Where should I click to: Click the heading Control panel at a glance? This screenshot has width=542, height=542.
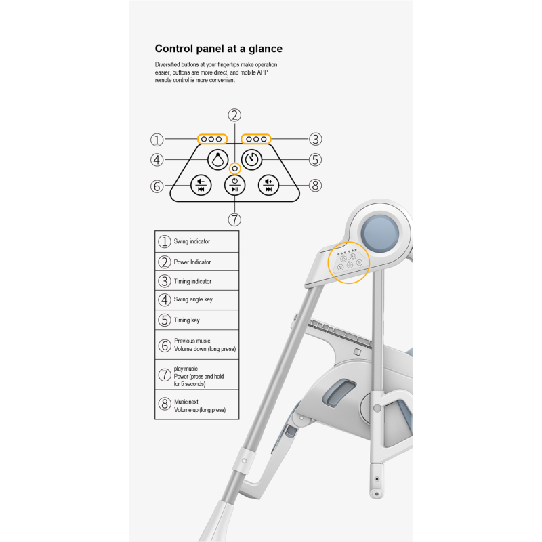[x=219, y=49]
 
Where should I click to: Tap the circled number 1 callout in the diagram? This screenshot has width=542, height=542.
[x=157, y=140]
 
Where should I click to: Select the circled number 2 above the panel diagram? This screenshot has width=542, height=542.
[x=234, y=115]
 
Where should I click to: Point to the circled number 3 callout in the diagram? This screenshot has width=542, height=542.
[x=315, y=139]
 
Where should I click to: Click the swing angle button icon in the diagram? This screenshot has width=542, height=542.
[x=217, y=160]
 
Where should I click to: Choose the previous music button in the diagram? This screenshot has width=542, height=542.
[x=201, y=185]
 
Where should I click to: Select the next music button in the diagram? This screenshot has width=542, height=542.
[x=268, y=185]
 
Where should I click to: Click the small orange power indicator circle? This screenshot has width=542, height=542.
[x=234, y=167]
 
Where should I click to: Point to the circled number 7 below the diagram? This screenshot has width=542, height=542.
[x=234, y=219]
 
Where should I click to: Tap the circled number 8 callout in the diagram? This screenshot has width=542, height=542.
[x=314, y=185]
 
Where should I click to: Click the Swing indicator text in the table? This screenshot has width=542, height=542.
[x=192, y=241]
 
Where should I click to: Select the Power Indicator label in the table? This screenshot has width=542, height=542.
[x=192, y=262]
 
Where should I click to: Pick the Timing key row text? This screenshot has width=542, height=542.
[x=187, y=320]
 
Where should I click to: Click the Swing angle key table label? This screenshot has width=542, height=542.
[x=193, y=299]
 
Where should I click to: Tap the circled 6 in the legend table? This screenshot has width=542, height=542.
[x=164, y=346]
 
